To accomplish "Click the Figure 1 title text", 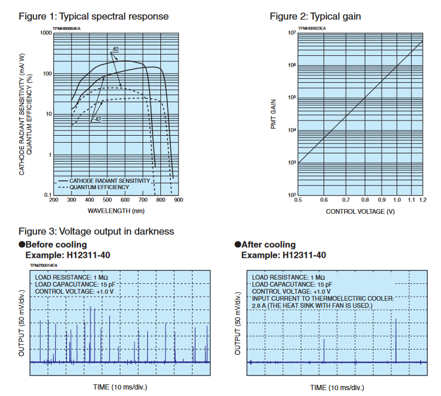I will click(93, 16).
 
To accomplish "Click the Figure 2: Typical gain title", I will click(315, 16).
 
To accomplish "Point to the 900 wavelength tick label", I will click(179, 200).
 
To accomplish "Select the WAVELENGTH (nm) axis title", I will click(116, 210).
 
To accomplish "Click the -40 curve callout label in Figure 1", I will click(115, 49).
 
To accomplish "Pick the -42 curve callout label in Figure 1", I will click(98, 119).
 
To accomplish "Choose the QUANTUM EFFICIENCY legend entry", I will click(99, 187).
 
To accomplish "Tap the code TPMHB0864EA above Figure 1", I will click(66, 27).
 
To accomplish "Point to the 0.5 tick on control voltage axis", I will click(298, 201).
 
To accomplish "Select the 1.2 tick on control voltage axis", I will click(422, 201).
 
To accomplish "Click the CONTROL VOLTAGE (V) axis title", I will click(360, 211).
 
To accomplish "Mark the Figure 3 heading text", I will click(96, 231).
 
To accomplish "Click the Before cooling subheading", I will click(56, 244).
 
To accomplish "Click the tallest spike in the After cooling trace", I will click(396, 341).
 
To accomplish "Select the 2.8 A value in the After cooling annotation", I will click(258, 306).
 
